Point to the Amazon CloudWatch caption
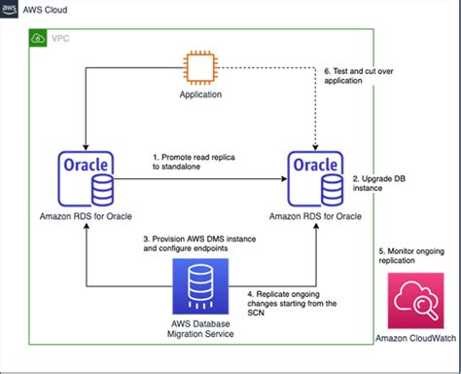(x=415, y=338)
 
